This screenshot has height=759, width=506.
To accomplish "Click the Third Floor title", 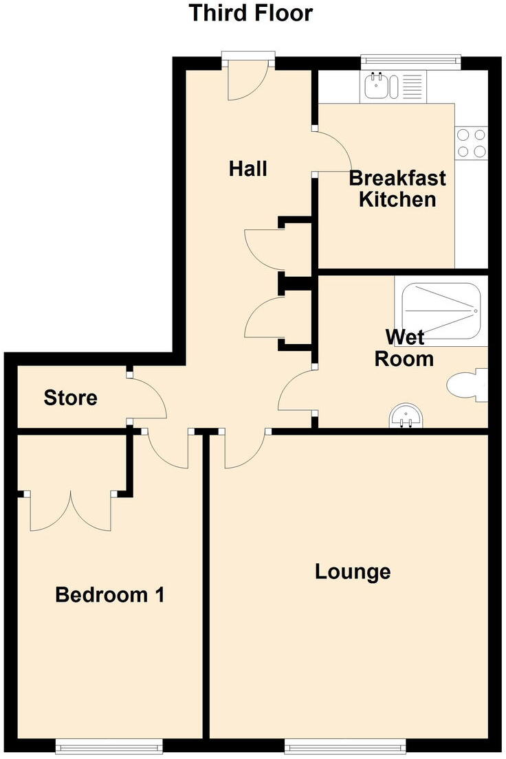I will tap(251, 13).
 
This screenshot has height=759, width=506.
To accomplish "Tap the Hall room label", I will tap(248, 168).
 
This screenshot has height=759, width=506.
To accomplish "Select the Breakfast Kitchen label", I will tap(397, 189).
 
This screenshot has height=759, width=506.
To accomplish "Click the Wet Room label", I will tap(405, 348).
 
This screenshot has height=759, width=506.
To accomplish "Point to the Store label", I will tap(70, 398).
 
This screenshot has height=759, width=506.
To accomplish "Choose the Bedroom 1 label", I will tap(110, 594).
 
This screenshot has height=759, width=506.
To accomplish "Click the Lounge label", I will tap(353, 571).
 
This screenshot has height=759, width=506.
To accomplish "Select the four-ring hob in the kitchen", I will tap(472, 144).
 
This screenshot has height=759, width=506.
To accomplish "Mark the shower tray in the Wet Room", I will tap(437, 310).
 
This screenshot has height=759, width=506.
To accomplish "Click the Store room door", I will tap(148, 398).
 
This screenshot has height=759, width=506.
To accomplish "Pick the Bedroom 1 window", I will tap(109, 745).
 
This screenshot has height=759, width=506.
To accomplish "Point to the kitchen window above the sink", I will tap(411, 61).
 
